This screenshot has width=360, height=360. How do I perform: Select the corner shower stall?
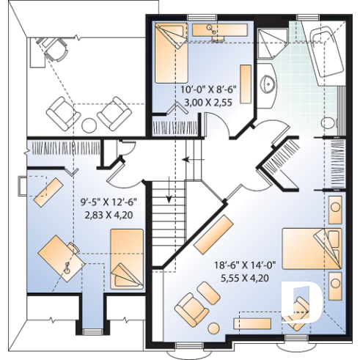(274, 46)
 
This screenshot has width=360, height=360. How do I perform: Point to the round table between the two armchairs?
(88, 123)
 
